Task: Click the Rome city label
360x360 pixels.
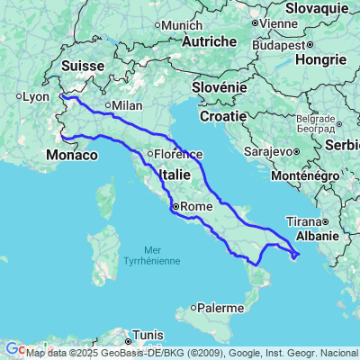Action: coord(195,207)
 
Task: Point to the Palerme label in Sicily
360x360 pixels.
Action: coord(220,307)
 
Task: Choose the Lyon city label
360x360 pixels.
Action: coord(35,96)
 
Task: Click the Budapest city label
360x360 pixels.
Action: coord(279,44)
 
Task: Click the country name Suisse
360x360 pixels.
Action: coord(85,66)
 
